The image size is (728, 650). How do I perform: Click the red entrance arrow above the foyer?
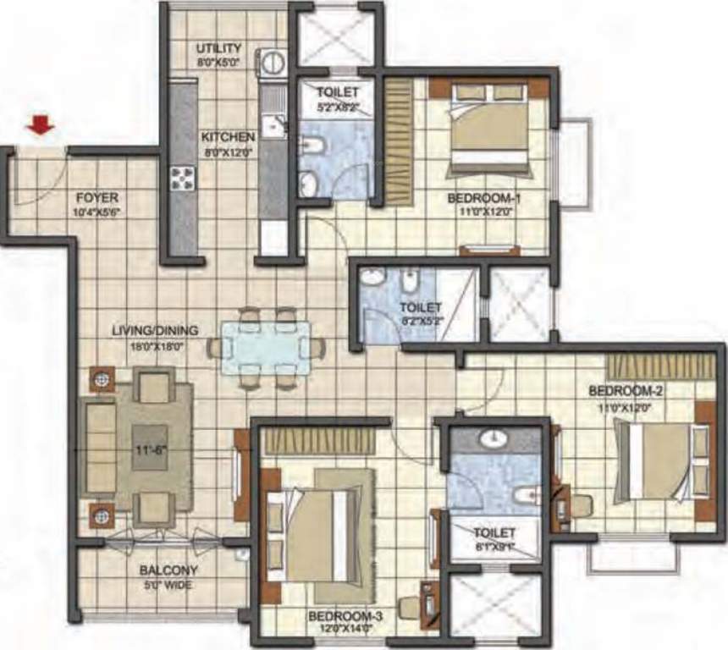tap(40, 126)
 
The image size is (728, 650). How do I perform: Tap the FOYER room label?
tap(93, 198)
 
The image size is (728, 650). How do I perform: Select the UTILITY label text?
tap(219, 48)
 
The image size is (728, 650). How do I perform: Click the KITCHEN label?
tap(228, 136)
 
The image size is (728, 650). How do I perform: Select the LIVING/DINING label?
tap(154, 329)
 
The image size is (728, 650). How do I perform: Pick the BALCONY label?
tap(169, 570)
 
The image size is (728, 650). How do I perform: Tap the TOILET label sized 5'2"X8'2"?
tap(339, 91)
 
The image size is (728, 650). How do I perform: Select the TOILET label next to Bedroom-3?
tap(494, 533)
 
